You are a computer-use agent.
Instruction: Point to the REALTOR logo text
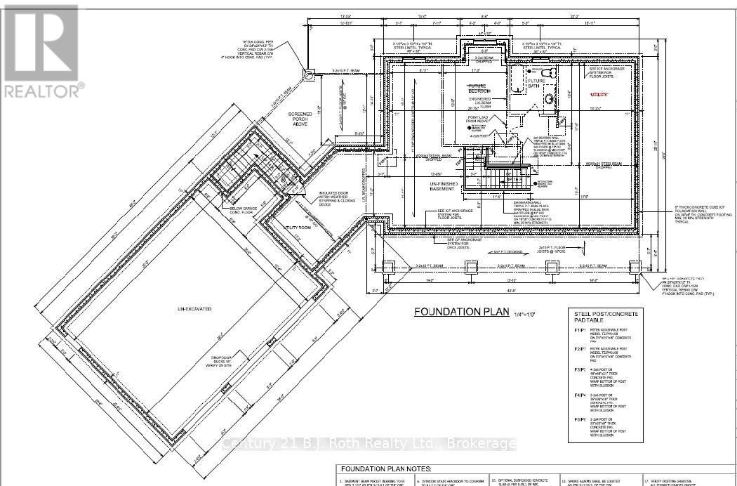[x=42, y=90]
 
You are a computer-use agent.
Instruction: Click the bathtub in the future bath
[x=518, y=83]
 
